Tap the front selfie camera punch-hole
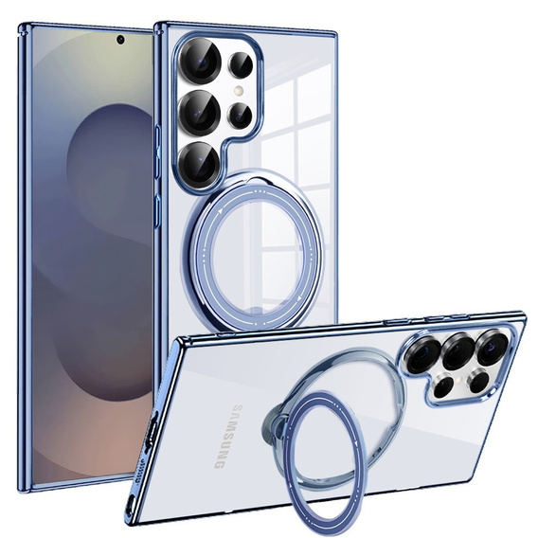(120, 40)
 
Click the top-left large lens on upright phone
(200, 61)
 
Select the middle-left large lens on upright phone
(200, 112)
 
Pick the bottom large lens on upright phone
(199, 163)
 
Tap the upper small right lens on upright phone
(242, 65)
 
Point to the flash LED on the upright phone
(239, 91)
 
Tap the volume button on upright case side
(158, 152)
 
